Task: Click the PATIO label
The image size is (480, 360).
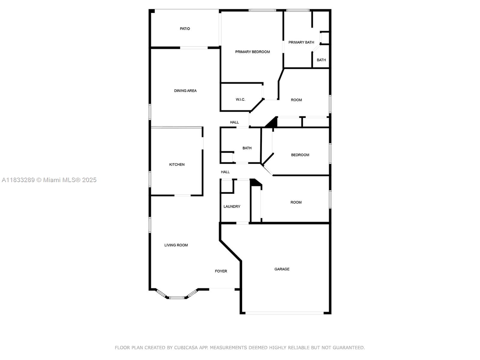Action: pyautogui.click(x=185, y=29)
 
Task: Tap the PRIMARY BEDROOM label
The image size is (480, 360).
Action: pyautogui.click(x=252, y=52)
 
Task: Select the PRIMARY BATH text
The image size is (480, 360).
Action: pyautogui.click(x=301, y=42)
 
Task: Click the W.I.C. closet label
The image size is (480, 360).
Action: pyautogui.click(x=240, y=100)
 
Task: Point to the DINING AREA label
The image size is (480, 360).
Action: pyautogui.click(x=185, y=91)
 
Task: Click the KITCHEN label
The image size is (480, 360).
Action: pyautogui.click(x=177, y=164)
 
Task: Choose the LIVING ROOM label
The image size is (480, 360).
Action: pyautogui.click(x=176, y=245)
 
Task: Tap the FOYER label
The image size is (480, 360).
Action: pyautogui.click(x=221, y=271)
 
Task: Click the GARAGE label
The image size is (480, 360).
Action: pyautogui.click(x=282, y=269)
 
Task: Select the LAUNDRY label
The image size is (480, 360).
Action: pyautogui.click(x=232, y=206)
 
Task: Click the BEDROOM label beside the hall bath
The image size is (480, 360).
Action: pyautogui.click(x=300, y=155)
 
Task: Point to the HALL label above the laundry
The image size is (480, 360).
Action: pyautogui.click(x=225, y=172)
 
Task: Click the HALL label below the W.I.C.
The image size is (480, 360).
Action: pyautogui.click(x=234, y=122)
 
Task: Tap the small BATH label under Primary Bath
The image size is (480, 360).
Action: pyautogui.click(x=321, y=60)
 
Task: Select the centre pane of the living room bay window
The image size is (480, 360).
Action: pyautogui.click(x=177, y=298)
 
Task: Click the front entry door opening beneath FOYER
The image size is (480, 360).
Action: pyautogui.click(x=222, y=289)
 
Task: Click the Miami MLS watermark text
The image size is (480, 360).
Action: pyautogui.click(x=49, y=180)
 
